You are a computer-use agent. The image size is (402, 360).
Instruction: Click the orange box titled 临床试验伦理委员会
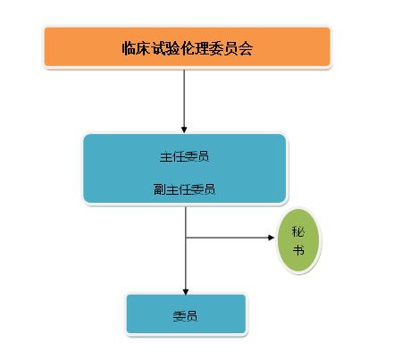188,46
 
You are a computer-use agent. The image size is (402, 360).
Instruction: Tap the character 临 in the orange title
129,48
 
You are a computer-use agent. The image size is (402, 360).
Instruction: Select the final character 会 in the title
246,48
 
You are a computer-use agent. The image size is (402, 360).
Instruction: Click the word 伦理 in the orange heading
187,48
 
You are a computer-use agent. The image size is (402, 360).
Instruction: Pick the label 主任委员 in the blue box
184,156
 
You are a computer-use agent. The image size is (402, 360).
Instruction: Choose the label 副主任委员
184,189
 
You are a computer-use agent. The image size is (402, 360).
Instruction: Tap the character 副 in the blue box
159,189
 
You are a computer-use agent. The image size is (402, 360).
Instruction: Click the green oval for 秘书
298,240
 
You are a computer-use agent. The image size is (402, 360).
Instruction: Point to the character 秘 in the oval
298,231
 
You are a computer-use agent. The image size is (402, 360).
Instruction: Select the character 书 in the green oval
298,250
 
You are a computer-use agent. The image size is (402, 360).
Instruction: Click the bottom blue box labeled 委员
186,314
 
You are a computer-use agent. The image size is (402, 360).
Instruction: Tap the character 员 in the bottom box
191,316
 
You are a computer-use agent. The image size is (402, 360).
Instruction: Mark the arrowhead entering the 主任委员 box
184,130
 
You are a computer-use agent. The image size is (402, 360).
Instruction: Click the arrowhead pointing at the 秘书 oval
271,238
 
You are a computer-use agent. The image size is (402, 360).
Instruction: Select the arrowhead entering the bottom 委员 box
186,291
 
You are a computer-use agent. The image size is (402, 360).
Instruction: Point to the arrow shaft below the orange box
184,98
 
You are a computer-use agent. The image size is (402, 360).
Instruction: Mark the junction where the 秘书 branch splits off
186,238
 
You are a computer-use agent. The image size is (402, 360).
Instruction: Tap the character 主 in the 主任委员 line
165,156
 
